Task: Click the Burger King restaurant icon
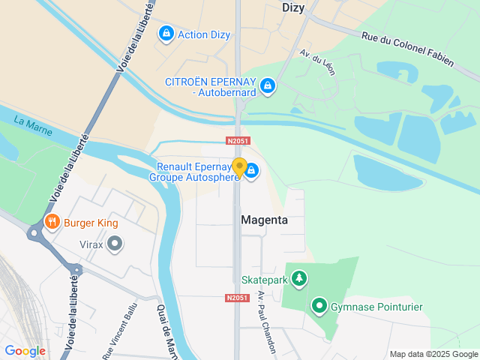52,222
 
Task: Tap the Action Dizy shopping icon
166,34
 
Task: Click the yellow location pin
239,168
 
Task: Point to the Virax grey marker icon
115,243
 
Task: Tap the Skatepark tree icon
299,279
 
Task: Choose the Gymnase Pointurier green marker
319,306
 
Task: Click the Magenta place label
264,220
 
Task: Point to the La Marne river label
31,121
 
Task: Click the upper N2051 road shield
237,140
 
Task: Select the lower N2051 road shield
236,298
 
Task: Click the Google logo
25,350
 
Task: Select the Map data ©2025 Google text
433,354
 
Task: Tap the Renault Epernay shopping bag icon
252,172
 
